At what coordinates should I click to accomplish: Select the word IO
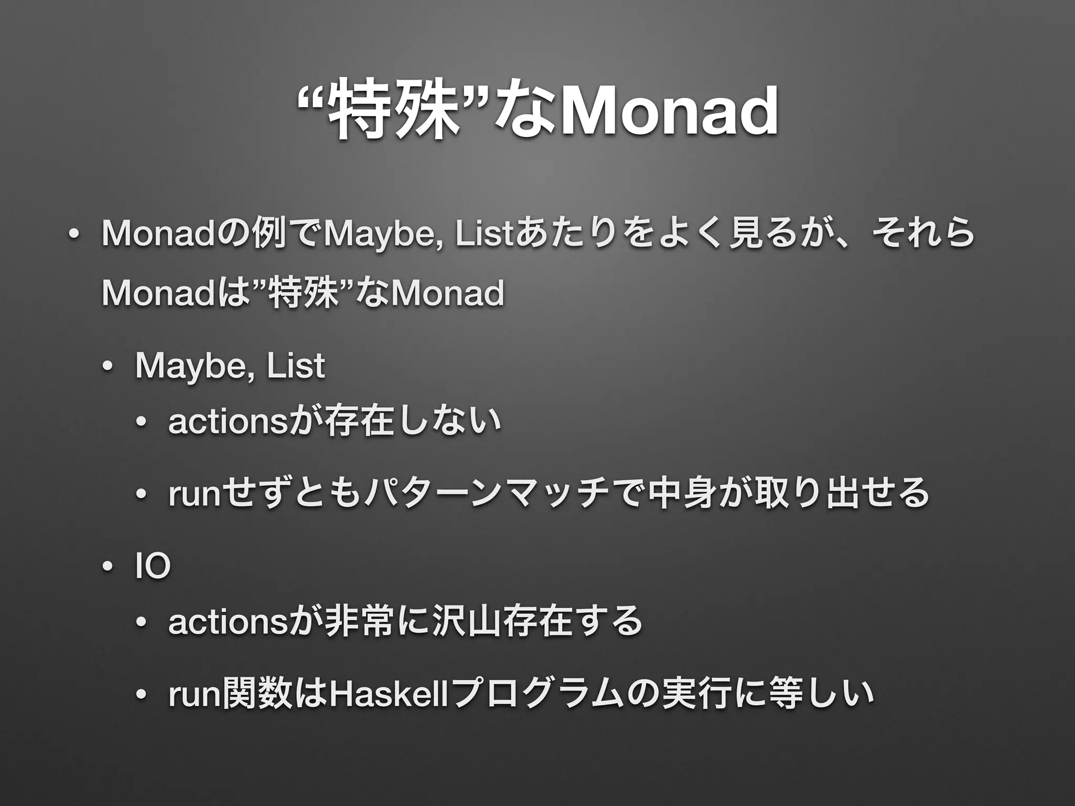pyautogui.click(x=153, y=567)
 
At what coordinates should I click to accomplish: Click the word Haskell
pyautogui.click(x=386, y=694)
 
